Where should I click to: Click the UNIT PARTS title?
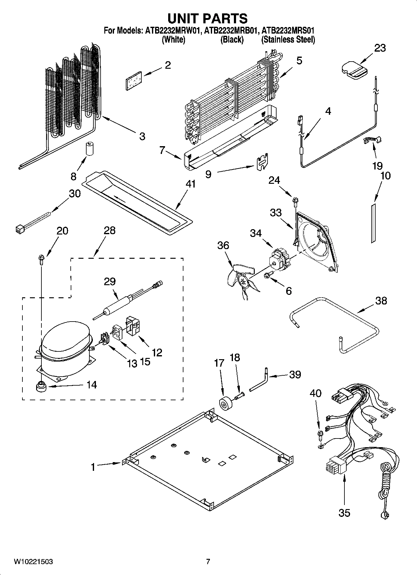pos(207,18)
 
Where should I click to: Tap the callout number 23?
pos(380,48)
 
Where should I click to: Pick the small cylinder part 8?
pos(90,149)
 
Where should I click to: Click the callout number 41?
pos(190,184)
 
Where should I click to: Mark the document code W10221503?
pos(33,562)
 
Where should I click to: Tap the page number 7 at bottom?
pos(208,562)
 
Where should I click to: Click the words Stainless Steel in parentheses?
pos(288,40)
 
